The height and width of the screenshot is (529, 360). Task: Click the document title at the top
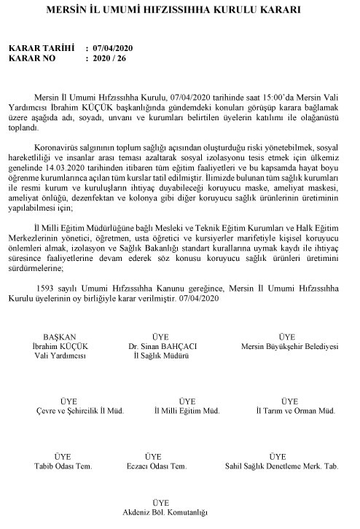(179, 13)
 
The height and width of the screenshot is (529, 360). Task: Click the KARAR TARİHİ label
(42, 48)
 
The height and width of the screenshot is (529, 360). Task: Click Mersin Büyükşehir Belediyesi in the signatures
(289, 347)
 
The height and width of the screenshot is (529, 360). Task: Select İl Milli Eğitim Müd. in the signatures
(187, 411)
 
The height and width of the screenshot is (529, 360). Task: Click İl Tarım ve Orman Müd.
(289, 411)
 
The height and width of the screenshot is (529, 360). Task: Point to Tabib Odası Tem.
(60, 465)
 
